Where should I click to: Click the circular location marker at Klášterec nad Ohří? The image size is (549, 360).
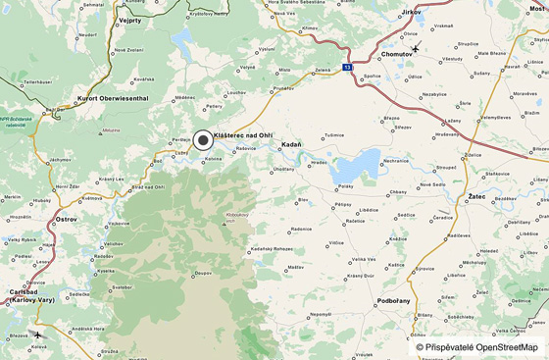point(203,140)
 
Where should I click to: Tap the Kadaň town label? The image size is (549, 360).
point(292,144)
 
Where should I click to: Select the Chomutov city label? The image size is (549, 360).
point(397,54)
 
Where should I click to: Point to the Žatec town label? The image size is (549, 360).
point(475,197)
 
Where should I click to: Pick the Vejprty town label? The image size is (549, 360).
point(130,19)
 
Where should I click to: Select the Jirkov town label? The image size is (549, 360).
point(412,12)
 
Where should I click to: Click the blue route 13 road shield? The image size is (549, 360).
point(347,68)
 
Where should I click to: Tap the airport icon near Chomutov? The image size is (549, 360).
point(416,48)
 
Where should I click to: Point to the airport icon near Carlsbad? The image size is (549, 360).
point(37,335)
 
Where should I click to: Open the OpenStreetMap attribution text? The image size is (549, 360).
point(477,347)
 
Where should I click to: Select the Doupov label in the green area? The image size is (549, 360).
point(203,273)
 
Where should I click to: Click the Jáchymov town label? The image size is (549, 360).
point(61,159)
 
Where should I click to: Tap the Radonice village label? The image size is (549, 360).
point(301,229)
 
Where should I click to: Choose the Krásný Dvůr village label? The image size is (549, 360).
point(361,277)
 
